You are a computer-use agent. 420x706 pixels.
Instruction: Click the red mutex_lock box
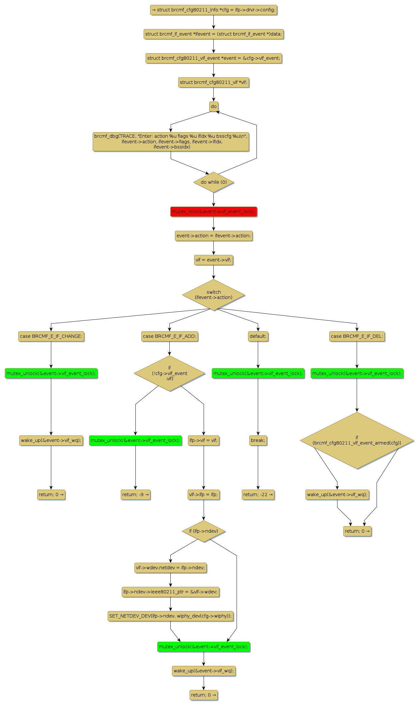(213, 212)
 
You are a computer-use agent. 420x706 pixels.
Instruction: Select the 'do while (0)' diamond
(213, 182)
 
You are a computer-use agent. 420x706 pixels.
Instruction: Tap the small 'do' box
(213, 106)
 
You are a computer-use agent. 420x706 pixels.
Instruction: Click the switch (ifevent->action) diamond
(213, 295)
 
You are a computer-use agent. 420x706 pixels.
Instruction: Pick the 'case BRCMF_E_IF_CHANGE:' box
(51, 336)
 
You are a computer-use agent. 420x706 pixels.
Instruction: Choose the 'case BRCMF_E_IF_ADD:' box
(169, 336)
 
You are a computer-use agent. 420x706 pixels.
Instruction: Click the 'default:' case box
(258, 336)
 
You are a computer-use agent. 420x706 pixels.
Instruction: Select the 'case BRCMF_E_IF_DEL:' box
(357, 336)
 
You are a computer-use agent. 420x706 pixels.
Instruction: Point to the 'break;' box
(258, 440)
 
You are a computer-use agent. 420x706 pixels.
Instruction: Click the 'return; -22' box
(258, 494)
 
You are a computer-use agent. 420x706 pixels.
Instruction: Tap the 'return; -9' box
(135, 494)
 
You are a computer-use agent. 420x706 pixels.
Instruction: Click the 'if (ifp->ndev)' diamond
(204, 531)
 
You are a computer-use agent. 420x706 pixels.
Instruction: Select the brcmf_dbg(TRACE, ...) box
(171, 142)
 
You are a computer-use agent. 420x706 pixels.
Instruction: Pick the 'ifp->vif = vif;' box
(204, 440)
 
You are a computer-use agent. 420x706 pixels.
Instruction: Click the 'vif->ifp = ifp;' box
(204, 494)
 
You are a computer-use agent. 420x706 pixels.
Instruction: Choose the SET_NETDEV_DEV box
(170, 616)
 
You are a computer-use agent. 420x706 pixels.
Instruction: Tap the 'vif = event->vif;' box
(213, 260)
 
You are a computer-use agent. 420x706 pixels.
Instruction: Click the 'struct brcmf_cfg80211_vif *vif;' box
(213, 82)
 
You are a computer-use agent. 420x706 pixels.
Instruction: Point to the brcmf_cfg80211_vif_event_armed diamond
(357, 440)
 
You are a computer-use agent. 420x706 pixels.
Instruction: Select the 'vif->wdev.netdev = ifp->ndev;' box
(170, 568)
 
